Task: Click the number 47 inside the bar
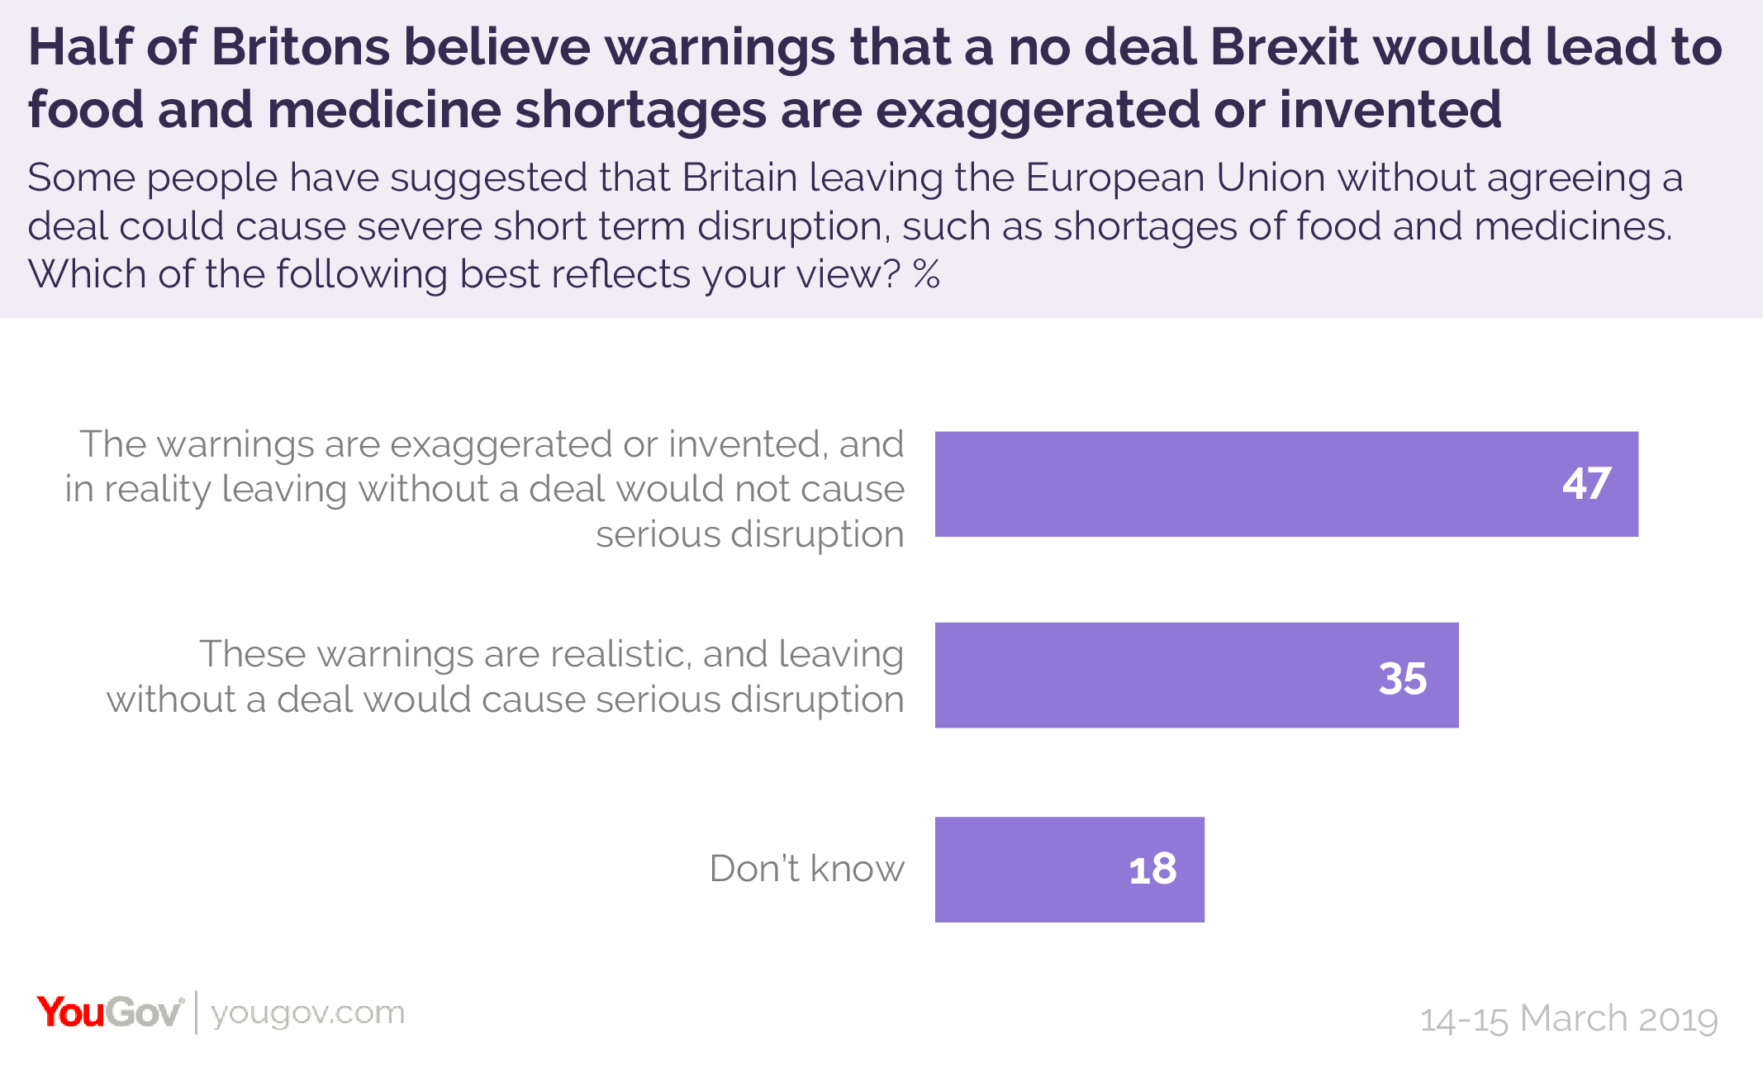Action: (x=1586, y=484)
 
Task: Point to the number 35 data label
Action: (x=1402, y=679)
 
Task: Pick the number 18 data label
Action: (x=1152, y=870)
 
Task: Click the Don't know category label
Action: (x=806, y=869)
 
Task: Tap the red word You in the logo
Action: (x=70, y=1012)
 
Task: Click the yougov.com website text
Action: (x=307, y=1013)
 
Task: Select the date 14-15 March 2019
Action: (x=1568, y=1019)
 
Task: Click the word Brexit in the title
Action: (x=1284, y=47)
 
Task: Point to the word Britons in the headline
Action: (x=300, y=47)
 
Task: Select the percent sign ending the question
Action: (x=926, y=274)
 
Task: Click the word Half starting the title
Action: (x=80, y=47)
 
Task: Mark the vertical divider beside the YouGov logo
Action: (x=196, y=1012)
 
